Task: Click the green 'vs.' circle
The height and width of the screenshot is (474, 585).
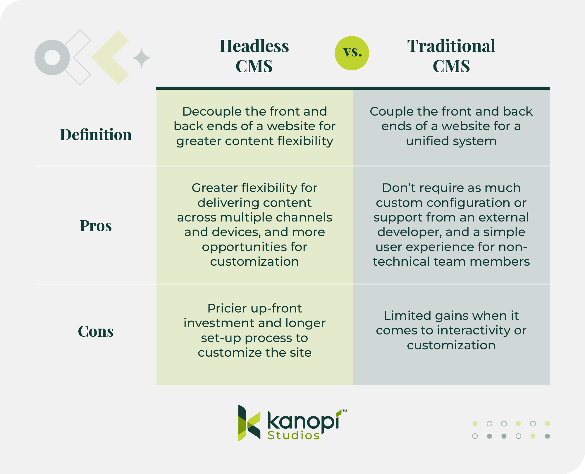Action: (352, 53)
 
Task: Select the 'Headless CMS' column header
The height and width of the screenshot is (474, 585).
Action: (254, 56)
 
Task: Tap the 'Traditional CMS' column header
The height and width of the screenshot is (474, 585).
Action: (451, 56)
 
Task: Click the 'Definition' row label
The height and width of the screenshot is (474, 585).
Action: (96, 135)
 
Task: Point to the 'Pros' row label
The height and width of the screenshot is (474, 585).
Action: (96, 226)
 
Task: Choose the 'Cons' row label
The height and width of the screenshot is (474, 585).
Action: (96, 331)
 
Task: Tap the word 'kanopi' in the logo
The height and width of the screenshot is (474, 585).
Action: (303, 421)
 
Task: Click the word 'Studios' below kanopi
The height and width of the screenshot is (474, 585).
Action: (293, 435)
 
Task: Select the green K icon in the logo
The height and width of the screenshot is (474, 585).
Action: (249, 423)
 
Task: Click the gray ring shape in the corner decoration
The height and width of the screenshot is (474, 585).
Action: (52, 57)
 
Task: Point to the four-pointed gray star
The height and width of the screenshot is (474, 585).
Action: (142, 58)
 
